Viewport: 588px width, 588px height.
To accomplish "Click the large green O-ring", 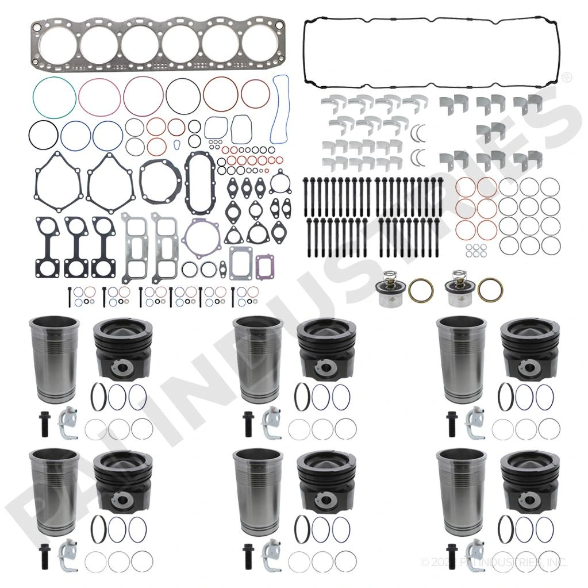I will (x=55, y=80).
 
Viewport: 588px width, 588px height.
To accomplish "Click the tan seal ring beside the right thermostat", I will (x=490, y=289).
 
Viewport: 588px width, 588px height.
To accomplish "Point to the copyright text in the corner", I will (x=494, y=562).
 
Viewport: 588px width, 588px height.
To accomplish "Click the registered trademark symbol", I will (x=566, y=76).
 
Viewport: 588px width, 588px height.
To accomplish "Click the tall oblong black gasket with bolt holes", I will (x=201, y=183).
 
